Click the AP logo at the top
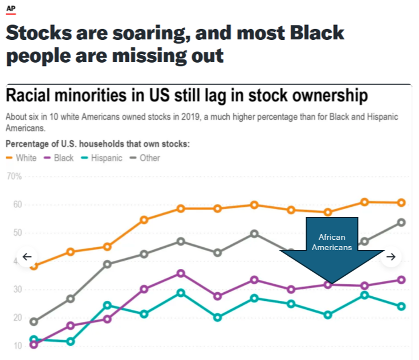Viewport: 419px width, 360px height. pos(10,8)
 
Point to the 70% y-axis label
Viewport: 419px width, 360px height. pos(14,177)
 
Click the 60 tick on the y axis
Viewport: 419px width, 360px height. pos(18,204)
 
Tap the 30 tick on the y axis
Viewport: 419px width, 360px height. pos(18,289)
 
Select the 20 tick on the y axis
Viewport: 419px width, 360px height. pos(18,317)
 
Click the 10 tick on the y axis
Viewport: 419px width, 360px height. pos(18,346)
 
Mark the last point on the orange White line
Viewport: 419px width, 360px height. pos(401,203)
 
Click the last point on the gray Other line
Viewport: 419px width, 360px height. pos(401,222)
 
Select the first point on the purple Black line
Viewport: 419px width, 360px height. pos(34,345)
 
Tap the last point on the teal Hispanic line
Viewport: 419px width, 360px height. pos(401,306)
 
